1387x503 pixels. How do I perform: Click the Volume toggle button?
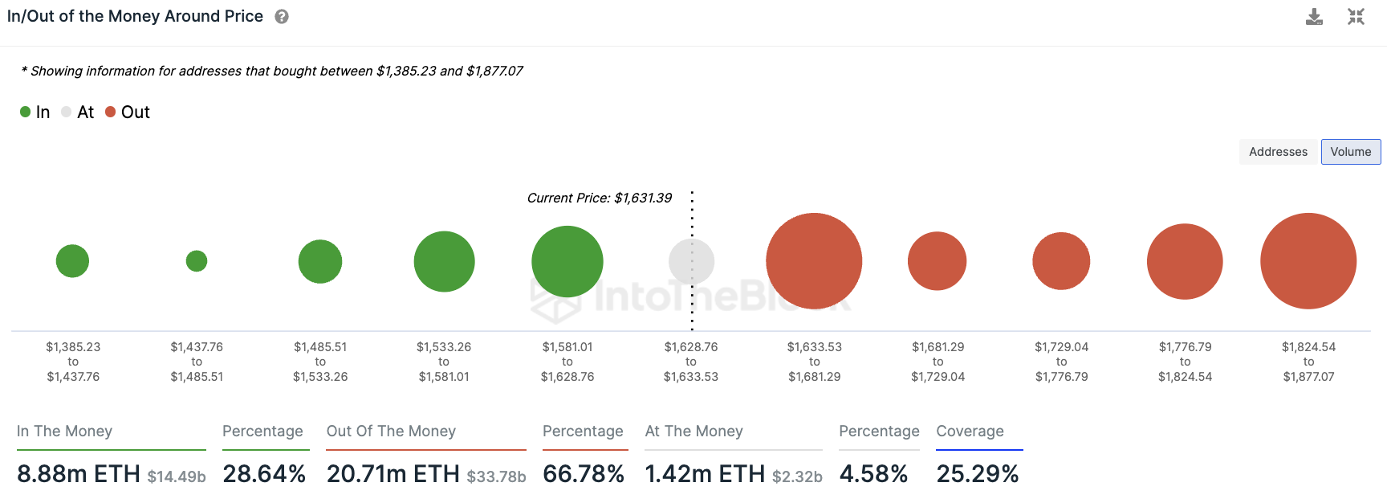(x=1350, y=152)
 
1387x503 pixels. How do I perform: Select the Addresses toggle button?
(x=1278, y=152)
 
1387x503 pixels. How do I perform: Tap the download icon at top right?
(x=1314, y=17)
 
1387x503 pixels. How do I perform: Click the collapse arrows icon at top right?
(x=1356, y=17)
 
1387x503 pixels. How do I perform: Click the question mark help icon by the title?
(x=282, y=17)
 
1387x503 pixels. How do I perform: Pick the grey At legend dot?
(x=67, y=112)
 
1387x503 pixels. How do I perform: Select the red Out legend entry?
(x=128, y=112)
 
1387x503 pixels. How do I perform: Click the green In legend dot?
(x=26, y=112)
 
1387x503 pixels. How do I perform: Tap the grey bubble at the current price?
(x=691, y=261)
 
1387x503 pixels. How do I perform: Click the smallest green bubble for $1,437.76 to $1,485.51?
(x=197, y=261)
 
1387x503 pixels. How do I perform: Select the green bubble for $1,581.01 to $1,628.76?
(x=567, y=261)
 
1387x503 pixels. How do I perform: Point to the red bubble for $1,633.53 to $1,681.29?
(x=814, y=261)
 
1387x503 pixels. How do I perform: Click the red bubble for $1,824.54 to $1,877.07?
(x=1308, y=261)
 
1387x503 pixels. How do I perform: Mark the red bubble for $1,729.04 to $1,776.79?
(x=1061, y=261)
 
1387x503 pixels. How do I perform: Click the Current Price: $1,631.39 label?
(x=599, y=198)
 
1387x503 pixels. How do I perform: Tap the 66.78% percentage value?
(x=584, y=474)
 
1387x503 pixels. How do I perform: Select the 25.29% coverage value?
(x=977, y=474)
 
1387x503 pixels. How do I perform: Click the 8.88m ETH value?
(x=79, y=474)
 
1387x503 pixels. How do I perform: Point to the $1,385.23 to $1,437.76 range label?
(x=73, y=362)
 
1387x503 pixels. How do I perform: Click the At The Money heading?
(x=693, y=431)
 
